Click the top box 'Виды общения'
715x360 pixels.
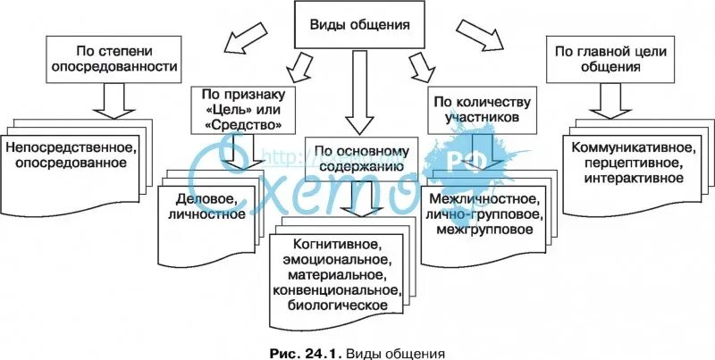tap(360, 25)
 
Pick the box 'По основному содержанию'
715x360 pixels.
tap(362, 158)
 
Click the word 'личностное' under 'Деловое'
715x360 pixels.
tap(206, 213)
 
